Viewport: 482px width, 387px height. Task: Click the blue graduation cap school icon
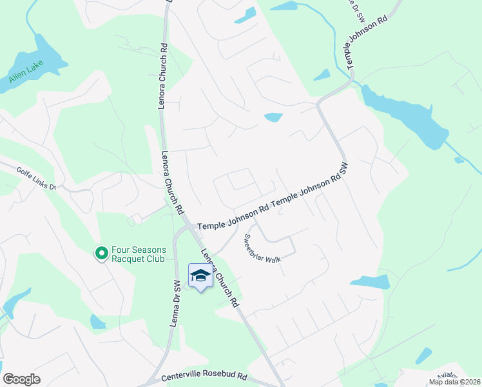coord(201,276)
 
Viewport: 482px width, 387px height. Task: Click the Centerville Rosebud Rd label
coord(204,376)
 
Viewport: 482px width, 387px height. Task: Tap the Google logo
coord(21,379)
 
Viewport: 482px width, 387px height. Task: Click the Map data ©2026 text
coord(455,382)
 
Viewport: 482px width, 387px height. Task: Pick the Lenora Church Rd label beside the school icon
coord(220,278)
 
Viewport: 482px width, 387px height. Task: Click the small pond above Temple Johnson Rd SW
coord(273,117)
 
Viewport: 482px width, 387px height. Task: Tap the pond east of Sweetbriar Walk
coord(371,282)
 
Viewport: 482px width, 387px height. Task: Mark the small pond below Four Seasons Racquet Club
coord(97,321)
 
